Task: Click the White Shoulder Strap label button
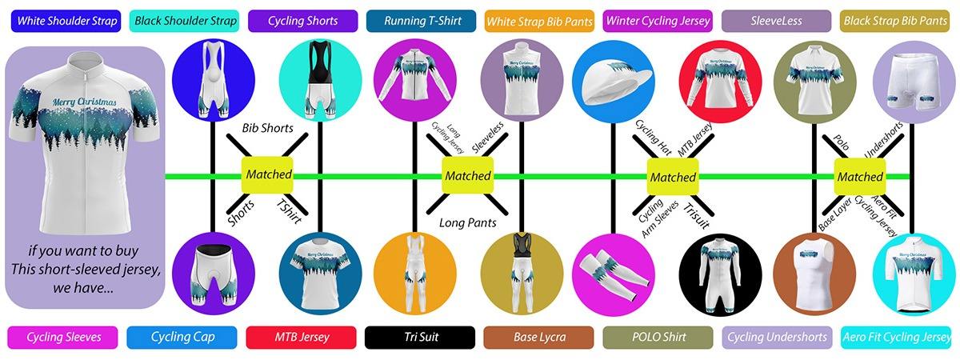(x=64, y=21)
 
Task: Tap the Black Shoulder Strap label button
(x=182, y=21)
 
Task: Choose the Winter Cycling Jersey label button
(x=658, y=21)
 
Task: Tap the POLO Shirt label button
(x=658, y=337)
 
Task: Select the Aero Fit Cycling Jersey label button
(x=898, y=337)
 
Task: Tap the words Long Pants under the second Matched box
(x=467, y=222)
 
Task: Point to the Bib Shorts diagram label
(x=267, y=128)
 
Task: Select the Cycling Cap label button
(x=182, y=337)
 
